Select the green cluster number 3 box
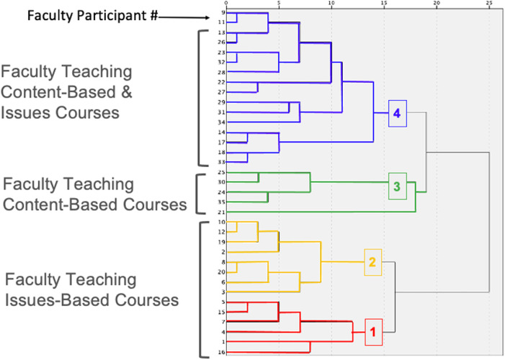(396, 186)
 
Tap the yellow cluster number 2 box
(372, 262)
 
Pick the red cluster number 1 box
(372, 332)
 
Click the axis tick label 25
(489, 4)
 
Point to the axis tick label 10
(331, 4)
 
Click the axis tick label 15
(384, 4)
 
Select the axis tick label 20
(437, 4)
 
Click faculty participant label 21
(222, 213)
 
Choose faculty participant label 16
(222, 353)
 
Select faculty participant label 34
(222, 123)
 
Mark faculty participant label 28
(222, 73)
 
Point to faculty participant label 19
(222, 243)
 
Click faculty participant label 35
(222, 203)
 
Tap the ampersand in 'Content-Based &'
(142, 93)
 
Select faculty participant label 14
(222, 133)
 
